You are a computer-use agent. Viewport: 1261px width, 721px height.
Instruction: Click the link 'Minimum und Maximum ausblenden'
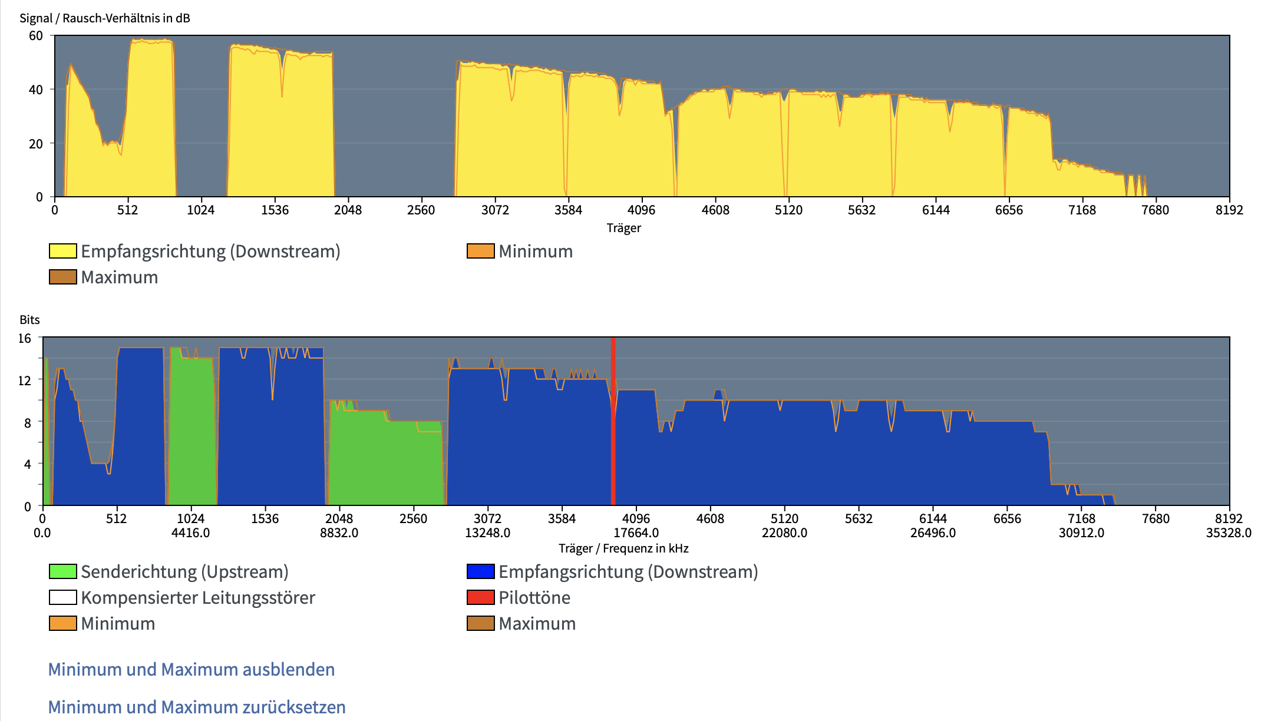[x=191, y=670]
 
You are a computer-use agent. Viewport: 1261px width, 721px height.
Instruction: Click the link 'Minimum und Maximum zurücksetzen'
[x=197, y=707]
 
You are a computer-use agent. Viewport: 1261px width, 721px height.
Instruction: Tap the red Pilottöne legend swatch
[x=480, y=597]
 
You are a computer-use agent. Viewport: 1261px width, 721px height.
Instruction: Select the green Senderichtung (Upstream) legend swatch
[x=63, y=571]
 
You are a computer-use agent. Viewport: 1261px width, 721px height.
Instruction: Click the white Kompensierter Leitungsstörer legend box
[x=63, y=597]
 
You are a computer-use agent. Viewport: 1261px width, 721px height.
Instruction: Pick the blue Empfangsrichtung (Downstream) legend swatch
[x=480, y=571]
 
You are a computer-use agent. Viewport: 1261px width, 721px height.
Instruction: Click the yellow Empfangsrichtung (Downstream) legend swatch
[x=63, y=251]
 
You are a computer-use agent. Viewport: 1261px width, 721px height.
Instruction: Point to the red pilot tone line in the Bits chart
[x=613, y=421]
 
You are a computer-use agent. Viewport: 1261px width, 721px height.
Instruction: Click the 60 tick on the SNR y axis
[x=36, y=35]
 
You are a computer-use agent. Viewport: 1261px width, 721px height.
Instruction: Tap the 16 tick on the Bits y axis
[x=25, y=338]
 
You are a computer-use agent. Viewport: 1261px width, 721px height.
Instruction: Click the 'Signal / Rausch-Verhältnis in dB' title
[x=105, y=18]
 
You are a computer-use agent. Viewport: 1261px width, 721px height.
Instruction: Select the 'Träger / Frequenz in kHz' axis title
[x=623, y=548]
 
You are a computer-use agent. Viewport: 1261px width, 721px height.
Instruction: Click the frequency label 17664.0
[x=636, y=533]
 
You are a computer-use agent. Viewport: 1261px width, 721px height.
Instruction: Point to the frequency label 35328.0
[x=1228, y=533]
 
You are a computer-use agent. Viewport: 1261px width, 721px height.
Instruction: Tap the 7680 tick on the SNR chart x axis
[x=1155, y=210]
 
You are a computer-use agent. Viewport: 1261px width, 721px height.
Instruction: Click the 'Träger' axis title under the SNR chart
[x=623, y=228]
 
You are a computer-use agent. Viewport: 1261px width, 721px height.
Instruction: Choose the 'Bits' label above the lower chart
[x=29, y=320]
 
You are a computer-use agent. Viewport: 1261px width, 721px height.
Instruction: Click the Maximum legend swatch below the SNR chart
[x=63, y=277]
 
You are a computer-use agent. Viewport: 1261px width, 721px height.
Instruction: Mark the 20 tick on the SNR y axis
[x=36, y=143]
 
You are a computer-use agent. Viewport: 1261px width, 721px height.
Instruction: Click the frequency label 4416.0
[x=190, y=533]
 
